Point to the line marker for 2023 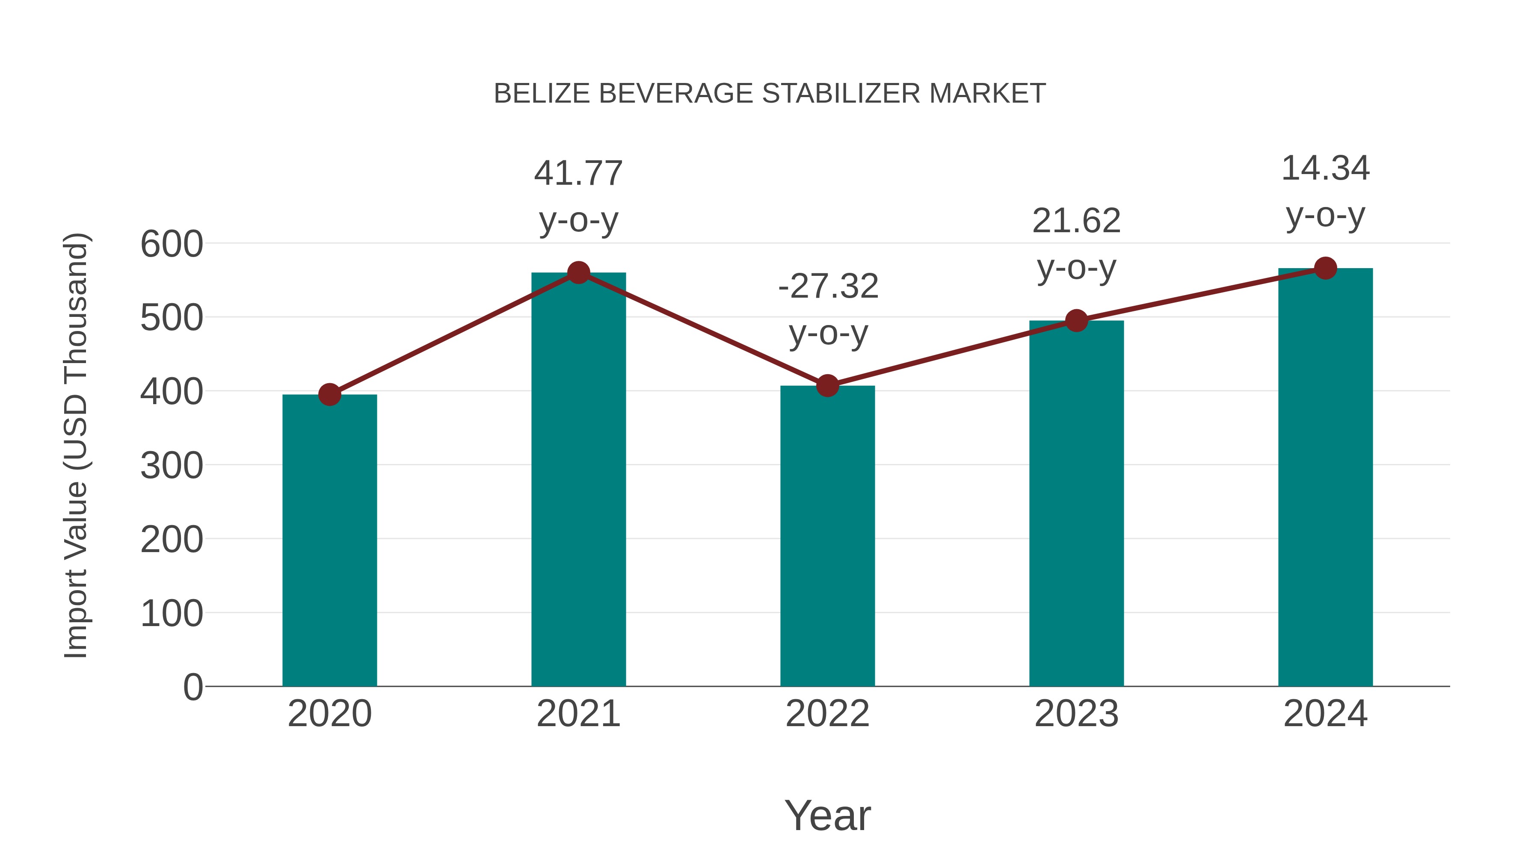[x=1076, y=321]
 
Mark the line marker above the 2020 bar [x=329, y=394]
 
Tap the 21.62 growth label [x=1076, y=221]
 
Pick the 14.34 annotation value [x=1325, y=168]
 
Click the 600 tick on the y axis [x=172, y=245]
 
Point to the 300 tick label [x=172, y=466]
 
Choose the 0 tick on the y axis [x=192, y=687]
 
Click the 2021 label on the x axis [x=578, y=714]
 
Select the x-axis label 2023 [x=1076, y=714]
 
